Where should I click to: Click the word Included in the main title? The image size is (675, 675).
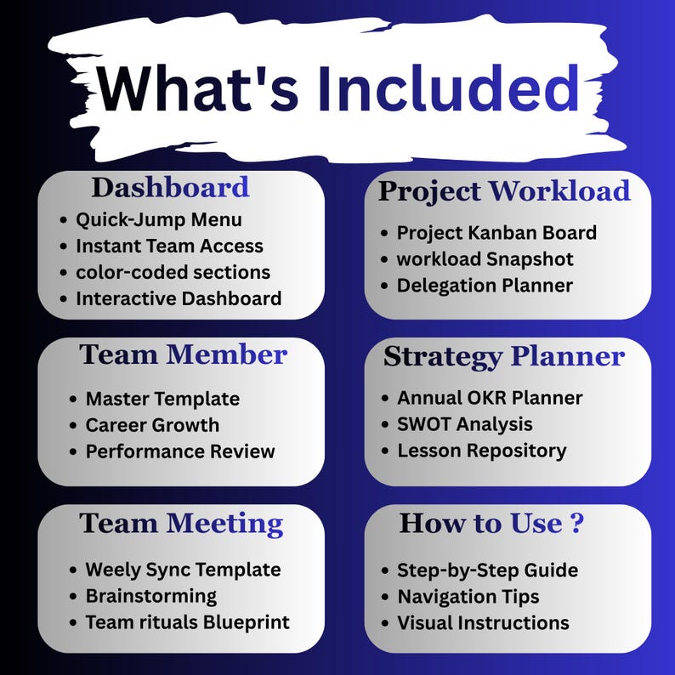(x=448, y=89)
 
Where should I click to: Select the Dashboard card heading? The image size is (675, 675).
(x=170, y=187)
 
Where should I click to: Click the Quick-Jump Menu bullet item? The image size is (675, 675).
(x=159, y=219)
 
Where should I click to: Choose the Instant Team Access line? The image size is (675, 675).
(x=169, y=246)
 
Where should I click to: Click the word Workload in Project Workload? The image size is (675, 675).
(x=559, y=191)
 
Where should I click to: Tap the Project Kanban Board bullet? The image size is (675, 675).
(x=496, y=232)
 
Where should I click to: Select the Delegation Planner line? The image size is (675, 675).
(x=485, y=285)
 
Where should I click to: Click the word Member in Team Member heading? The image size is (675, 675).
(x=227, y=355)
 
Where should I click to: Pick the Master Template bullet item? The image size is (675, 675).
(x=162, y=398)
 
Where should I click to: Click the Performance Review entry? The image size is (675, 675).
(x=180, y=451)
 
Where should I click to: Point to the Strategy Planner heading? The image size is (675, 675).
(x=504, y=356)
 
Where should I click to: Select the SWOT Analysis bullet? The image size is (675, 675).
(x=465, y=423)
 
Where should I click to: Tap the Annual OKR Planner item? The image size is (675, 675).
(x=490, y=397)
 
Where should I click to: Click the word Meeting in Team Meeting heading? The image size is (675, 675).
(x=224, y=524)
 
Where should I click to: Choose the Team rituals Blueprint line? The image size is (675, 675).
(x=187, y=622)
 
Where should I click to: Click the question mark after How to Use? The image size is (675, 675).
(x=576, y=524)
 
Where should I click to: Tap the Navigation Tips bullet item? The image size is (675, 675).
(x=468, y=597)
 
